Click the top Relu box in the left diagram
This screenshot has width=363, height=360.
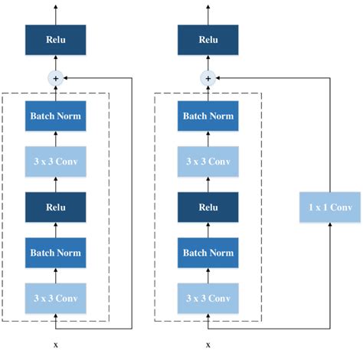pos(55,40)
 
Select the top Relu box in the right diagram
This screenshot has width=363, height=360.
pos(207,40)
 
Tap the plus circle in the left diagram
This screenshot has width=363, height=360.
pos(55,77)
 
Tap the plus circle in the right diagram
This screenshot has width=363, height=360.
pos(207,77)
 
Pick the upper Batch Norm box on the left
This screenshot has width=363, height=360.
pos(55,116)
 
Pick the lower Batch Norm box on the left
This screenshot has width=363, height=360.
pos(55,252)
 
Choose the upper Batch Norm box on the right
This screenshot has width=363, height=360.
pos(207,116)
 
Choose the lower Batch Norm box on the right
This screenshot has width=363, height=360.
pos(207,252)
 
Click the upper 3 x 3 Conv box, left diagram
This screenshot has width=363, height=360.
pos(55,162)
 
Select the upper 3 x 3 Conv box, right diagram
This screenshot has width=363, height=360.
pos(207,162)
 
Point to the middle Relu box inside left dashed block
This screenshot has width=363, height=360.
pos(55,207)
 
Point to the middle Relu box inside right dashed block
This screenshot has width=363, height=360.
pos(207,207)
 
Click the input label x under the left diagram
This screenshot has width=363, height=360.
pos(55,344)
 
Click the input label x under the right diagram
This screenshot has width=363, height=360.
pos(207,344)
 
